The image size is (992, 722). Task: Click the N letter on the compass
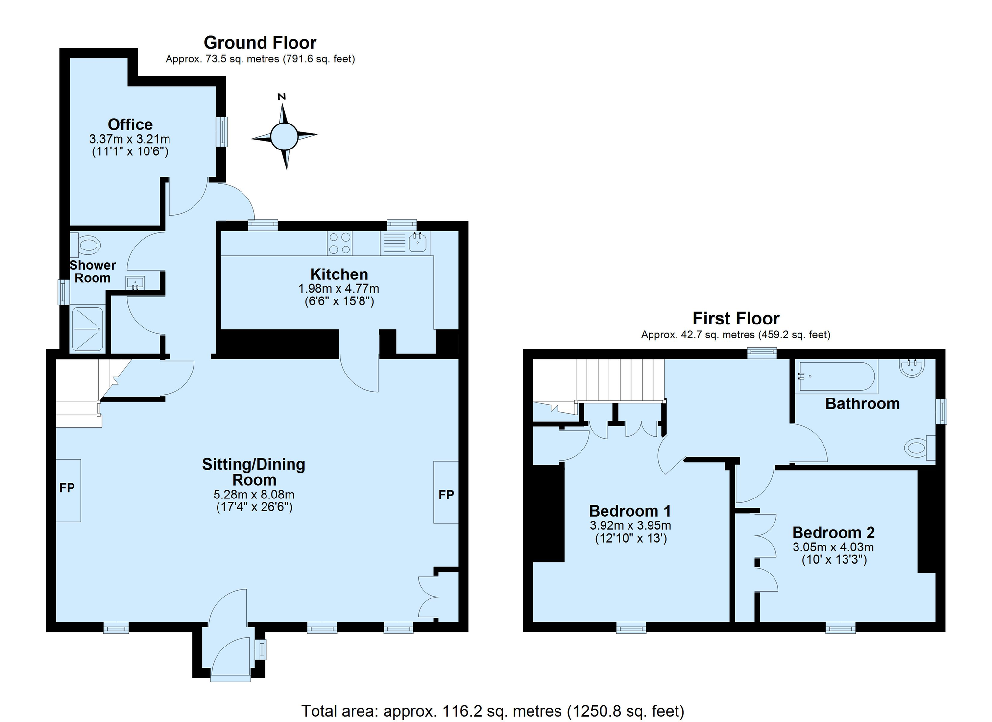click(x=282, y=96)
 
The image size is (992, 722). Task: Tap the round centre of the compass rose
click(x=284, y=136)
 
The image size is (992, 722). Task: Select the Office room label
click(x=130, y=124)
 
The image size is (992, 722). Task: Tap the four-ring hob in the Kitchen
click(x=340, y=243)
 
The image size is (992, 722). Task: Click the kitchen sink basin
click(x=417, y=243)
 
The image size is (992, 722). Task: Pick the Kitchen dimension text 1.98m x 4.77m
click(x=339, y=289)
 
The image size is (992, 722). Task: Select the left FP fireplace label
click(x=67, y=488)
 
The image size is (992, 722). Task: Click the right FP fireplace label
click(x=446, y=495)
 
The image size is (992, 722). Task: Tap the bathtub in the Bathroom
click(x=838, y=376)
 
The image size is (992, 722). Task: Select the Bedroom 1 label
click(x=630, y=511)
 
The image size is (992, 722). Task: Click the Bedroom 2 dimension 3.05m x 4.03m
click(x=834, y=547)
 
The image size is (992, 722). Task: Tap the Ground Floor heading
click(x=260, y=43)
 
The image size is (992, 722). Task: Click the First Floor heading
click(x=736, y=319)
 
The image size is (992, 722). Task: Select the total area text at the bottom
click(x=493, y=711)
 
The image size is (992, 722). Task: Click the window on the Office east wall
click(x=222, y=131)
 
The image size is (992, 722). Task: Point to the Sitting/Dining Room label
click(x=254, y=472)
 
